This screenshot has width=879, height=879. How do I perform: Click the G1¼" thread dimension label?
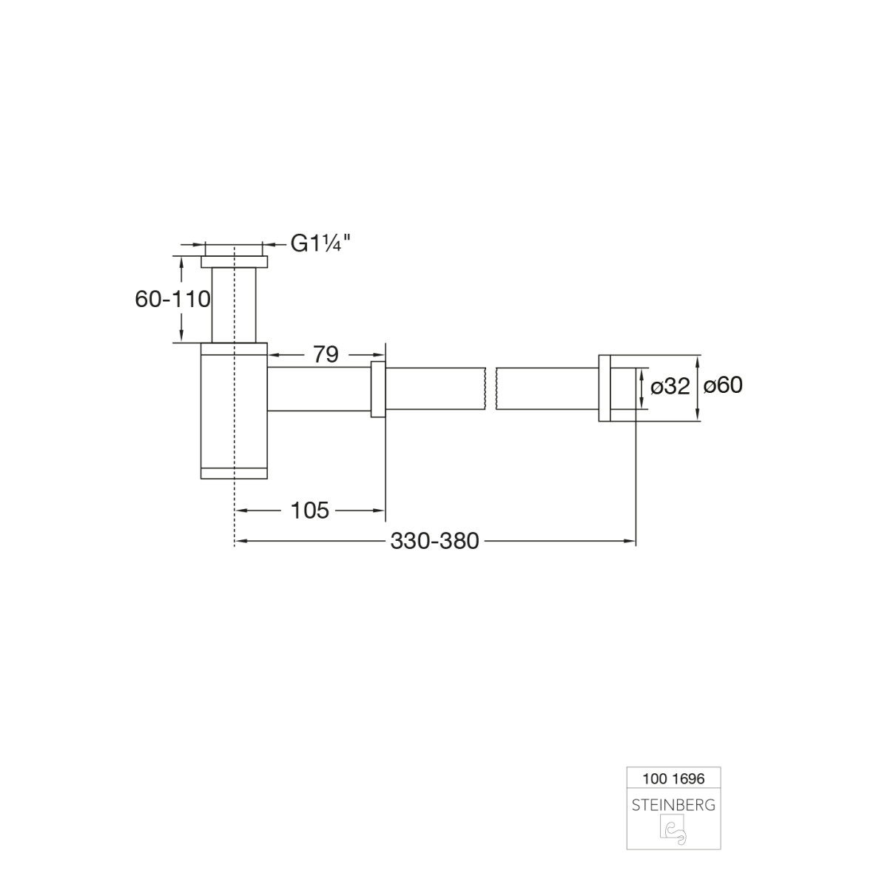[320, 243]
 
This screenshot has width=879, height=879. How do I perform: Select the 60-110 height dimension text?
[172, 300]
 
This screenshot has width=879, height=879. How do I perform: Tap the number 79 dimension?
[326, 354]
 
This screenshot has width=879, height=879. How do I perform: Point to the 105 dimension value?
[309, 511]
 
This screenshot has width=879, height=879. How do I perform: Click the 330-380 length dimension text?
[434, 541]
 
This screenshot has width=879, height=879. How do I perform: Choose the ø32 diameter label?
[670, 386]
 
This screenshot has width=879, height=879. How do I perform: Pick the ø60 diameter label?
[723, 385]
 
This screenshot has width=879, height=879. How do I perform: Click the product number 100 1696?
[673, 778]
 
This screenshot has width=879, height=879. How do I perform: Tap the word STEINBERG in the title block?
[673, 805]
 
